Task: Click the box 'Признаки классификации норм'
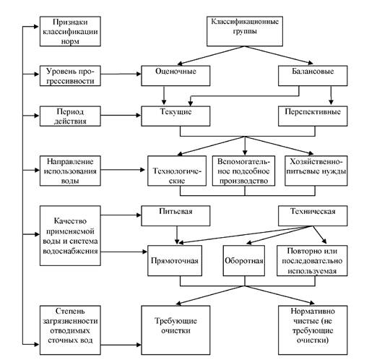[70, 31]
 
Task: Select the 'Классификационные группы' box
[245, 31]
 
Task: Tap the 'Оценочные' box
[175, 76]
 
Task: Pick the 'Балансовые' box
[313, 76]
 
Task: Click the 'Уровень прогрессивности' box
[70, 76]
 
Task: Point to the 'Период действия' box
[70, 116]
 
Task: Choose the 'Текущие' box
[175, 116]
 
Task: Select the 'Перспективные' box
[313, 116]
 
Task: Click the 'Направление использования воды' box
[70, 171]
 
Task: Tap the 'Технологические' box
[177, 171]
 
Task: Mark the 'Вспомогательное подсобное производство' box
[243, 171]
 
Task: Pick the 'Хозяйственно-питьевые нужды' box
[316, 171]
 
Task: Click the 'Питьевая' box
[175, 215]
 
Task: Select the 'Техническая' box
[313, 215]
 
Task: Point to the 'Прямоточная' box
[175, 260]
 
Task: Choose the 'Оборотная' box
[244, 260]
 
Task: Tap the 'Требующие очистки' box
[175, 330]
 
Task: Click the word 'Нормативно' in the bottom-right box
[313, 311]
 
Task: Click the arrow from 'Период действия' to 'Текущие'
[121, 116]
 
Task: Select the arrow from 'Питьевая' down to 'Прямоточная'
[177, 235]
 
